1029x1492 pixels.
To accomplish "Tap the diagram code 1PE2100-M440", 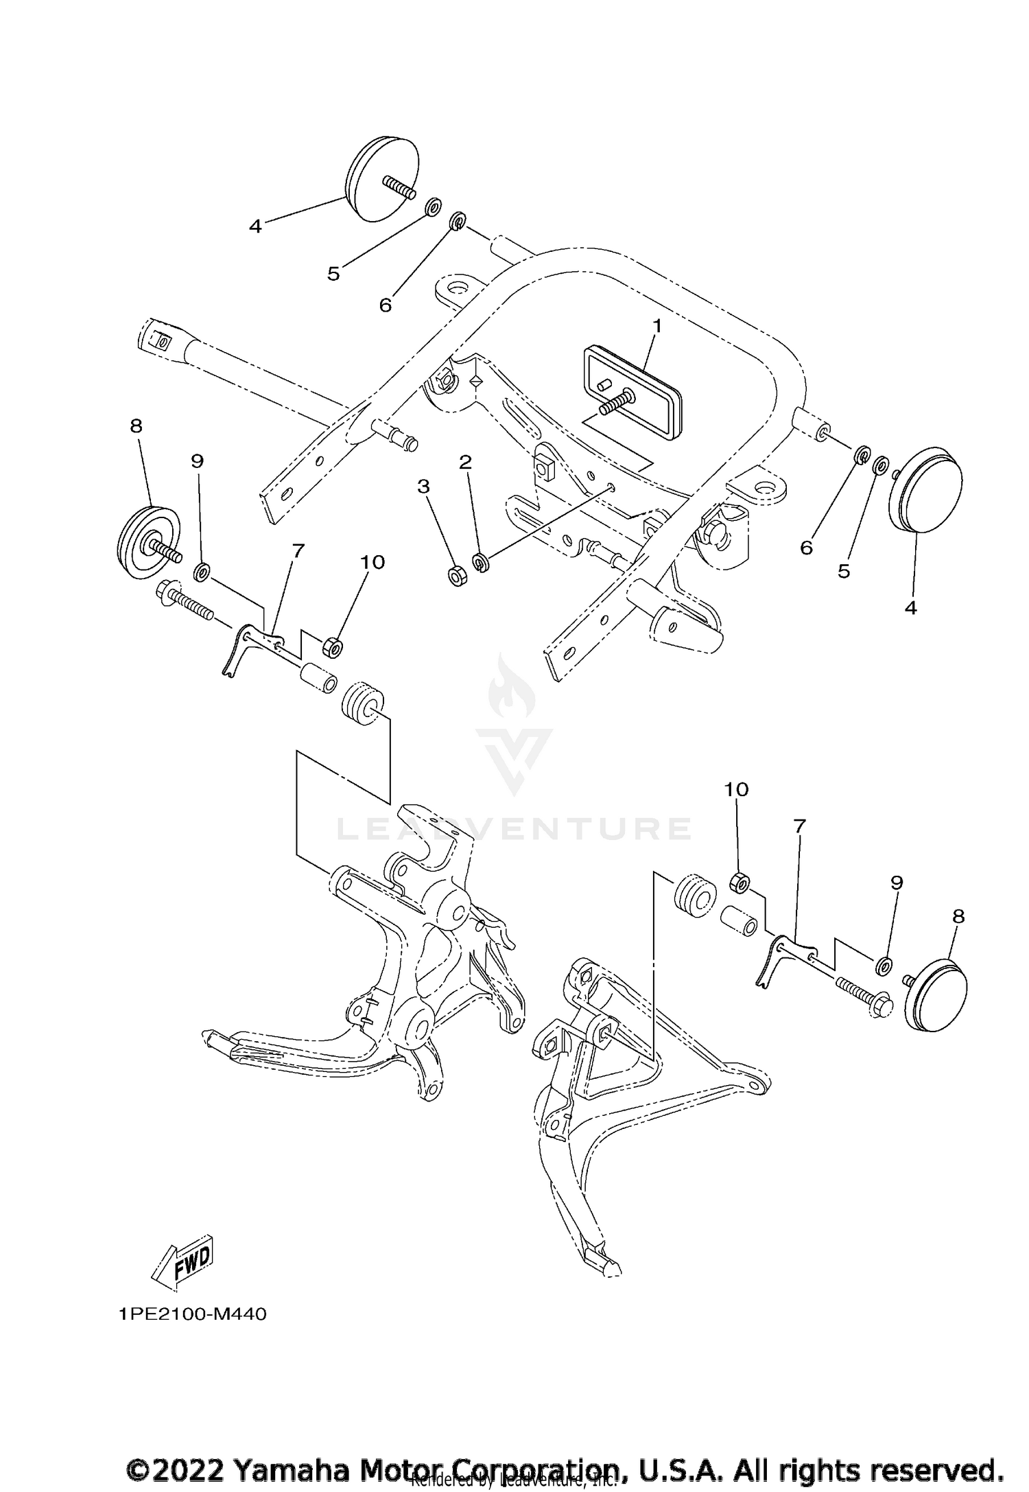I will pos(191,1314).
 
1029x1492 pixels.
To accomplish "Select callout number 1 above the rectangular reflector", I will pos(657,326).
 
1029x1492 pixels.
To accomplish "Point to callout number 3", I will pos(423,487).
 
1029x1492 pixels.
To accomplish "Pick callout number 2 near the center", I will pos(465,462).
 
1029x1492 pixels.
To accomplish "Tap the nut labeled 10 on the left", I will pos(333,646).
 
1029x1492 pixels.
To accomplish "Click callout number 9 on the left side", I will pos(197,461).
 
